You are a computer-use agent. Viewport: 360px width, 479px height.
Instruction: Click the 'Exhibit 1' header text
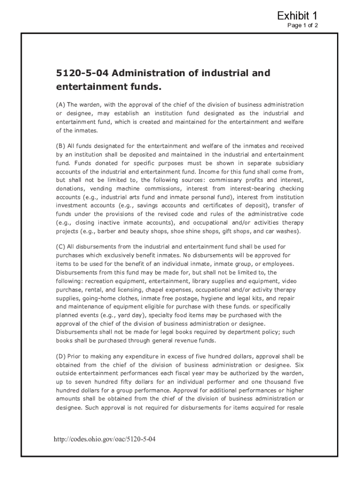(297, 15)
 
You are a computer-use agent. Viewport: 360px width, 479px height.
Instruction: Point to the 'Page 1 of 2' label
(302, 25)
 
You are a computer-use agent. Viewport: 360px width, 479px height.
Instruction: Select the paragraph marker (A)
(61, 105)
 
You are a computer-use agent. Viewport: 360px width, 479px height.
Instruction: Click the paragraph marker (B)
(61, 145)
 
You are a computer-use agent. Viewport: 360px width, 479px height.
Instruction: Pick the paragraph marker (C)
(61, 247)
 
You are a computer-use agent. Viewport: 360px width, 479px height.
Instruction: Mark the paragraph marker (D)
(61, 356)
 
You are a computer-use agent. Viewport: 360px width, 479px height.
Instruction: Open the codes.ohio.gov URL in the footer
(98, 440)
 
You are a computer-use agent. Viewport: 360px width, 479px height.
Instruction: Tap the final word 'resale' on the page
(295, 407)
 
